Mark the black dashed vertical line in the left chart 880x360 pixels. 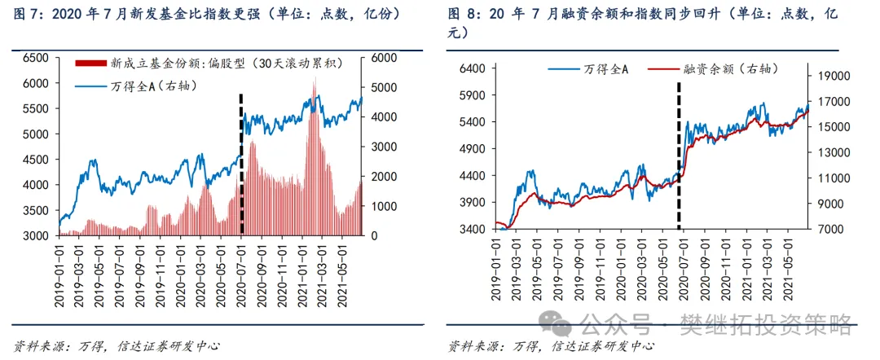click(241, 163)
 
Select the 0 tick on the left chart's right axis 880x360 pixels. click(376, 235)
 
